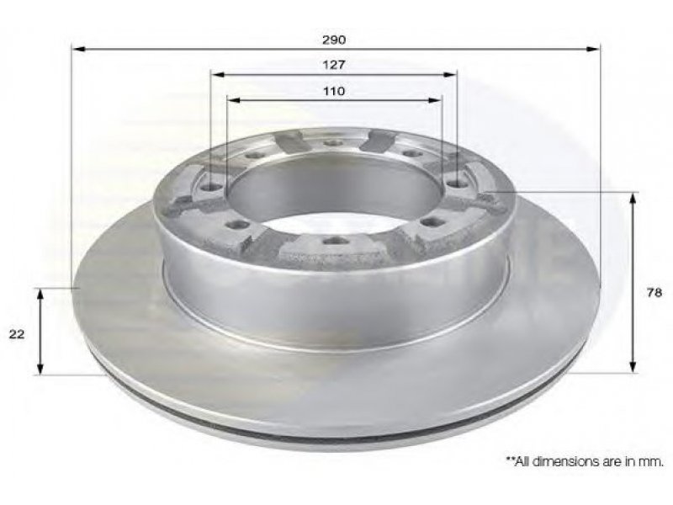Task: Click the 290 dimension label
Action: point(334,40)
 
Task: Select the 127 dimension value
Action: point(334,65)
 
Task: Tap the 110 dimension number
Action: point(334,91)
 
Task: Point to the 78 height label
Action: point(654,292)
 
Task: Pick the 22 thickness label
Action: point(17,334)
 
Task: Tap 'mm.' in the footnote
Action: point(653,462)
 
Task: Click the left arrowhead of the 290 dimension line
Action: point(78,49)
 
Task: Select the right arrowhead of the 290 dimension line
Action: point(593,49)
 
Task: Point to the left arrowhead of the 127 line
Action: point(219,75)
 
